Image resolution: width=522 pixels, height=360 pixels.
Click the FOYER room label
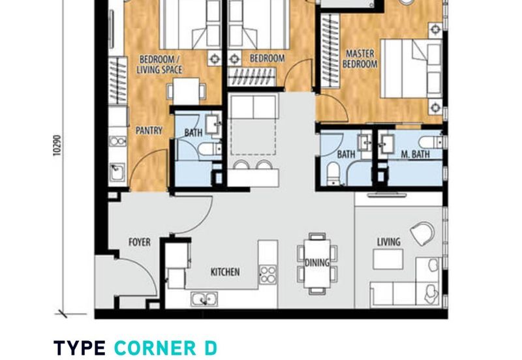point(140,242)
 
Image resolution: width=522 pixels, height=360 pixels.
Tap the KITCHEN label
point(225,272)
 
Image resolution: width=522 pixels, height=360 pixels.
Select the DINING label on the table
point(317,263)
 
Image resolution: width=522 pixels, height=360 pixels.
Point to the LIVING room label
point(388,242)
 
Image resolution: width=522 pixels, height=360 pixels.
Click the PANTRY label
point(149,130)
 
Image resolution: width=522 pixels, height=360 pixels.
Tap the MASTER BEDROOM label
point(360,59)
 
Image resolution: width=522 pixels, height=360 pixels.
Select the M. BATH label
point(415,154)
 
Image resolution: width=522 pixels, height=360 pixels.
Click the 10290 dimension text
point(57,145)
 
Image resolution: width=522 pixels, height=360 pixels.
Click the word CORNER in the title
point(155,348)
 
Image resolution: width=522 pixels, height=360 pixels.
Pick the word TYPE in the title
point(80,348)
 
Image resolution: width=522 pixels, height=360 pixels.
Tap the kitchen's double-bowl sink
point(204,299)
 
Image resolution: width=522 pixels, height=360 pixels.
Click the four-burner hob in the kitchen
point(268,274)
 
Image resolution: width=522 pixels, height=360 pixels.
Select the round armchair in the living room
point(422,233)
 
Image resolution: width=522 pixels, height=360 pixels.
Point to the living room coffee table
point(388,259)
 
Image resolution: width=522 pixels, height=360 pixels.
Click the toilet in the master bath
point(431,142)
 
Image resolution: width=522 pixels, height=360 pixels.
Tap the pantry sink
point(117,172)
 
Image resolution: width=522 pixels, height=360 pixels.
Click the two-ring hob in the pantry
point(117,141)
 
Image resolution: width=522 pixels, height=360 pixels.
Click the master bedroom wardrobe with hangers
point(330,51)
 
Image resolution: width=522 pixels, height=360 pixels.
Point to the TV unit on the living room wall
point(386,194)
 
